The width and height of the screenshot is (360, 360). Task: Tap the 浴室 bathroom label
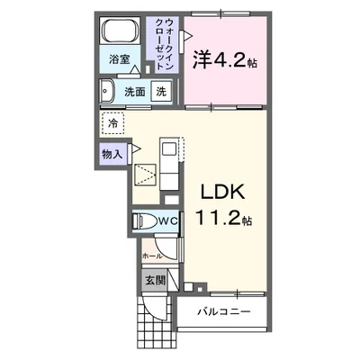click(x=121, y=60)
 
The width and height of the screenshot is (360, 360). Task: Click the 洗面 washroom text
click(x=135, y=91)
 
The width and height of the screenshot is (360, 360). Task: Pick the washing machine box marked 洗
click(x=160, y=91)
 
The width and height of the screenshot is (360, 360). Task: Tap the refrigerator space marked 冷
click(x=114, y=121)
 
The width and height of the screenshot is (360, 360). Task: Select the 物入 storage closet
click(x=112, y=153)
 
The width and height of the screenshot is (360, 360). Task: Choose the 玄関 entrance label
click(x=155, y=280)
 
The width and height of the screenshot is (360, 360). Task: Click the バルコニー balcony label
click(x=226, y=314)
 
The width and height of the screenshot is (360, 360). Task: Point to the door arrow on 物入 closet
click(x=132, y=147)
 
